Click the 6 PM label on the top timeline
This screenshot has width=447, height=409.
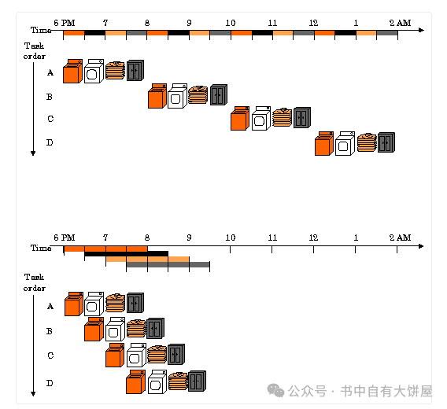[x=65, y=23]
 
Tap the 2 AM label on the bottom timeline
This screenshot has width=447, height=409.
[x=400, y=238]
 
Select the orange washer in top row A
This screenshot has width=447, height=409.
[x=72, y=72]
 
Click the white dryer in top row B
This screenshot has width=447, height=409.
[x=177, y=96]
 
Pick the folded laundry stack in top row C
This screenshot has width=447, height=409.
[x=283, y=117]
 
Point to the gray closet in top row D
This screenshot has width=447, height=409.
[x=386, y=142]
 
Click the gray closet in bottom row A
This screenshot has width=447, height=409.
[x=135, y=303]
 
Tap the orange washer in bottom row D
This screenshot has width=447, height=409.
[x=135, y=382]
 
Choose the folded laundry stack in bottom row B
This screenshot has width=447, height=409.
[x=136, y=328]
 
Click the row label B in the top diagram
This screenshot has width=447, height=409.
[x=50, y=97]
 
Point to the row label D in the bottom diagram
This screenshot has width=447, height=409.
[x=50, y=383]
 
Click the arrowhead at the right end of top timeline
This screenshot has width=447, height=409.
[x=422, y=30]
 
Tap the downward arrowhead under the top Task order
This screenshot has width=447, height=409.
[x=33, y=153]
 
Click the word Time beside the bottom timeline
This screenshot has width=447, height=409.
[x=41, y=248]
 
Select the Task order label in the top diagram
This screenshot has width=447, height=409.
[x=34, y=51]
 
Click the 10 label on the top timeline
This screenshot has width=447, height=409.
[x=231, y=23]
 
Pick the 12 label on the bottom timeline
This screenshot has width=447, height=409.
[x=313, y=238]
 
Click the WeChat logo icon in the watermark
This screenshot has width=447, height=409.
[x=275, y=390]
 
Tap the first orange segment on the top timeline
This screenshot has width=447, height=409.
[x=74, y=33]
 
